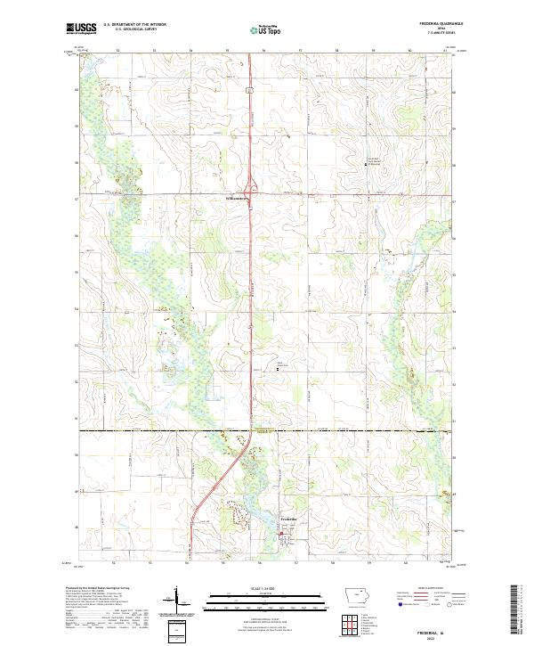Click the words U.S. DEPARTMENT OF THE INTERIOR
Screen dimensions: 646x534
click(134, 25)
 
